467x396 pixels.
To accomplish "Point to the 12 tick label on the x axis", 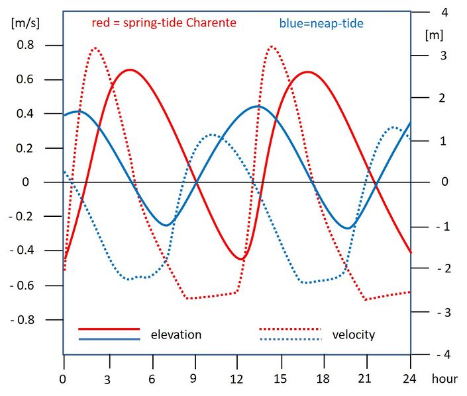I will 237,379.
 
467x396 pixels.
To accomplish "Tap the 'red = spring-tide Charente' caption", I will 164,22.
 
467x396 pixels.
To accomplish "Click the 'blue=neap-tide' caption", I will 321,23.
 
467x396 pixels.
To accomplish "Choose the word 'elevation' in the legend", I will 176,335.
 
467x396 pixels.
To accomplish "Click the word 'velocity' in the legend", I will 353,335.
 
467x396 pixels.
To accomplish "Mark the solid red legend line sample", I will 109,329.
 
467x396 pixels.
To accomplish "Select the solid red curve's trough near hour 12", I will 242,259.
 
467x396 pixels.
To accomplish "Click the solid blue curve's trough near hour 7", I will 166,225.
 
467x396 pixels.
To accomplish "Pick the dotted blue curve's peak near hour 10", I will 211,134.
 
